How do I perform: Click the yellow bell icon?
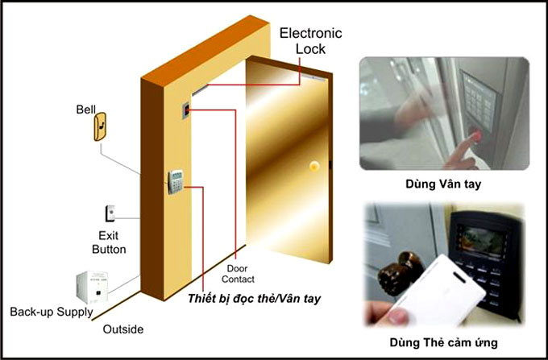click(x=100, y=126)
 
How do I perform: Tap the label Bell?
click(x=85, y=110)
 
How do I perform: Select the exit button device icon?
click(x=110, y=213)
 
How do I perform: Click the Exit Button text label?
click(x=109, y=242)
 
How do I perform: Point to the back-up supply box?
click(x=92, y=287)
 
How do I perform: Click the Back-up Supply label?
click(x=52, y=312)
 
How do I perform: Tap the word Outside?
click(x=123, y=329)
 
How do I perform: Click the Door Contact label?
click(x=238, y=274)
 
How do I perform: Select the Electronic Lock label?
click(x=310, y=41)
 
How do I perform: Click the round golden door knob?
click(x=314, y=166)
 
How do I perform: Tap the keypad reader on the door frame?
click(x=176, y=181)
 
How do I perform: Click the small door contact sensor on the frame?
click(x=186, y=110)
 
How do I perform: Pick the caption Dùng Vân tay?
click(x=443, y=184)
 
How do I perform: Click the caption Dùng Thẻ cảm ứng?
click(x=443, y=342)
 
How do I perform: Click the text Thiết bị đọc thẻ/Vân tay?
click(x=254, y=299)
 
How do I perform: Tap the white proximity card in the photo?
click(x=438, y=292)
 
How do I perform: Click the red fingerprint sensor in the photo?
click(x=477, y=136)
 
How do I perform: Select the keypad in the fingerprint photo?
click(x=478, y=100)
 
